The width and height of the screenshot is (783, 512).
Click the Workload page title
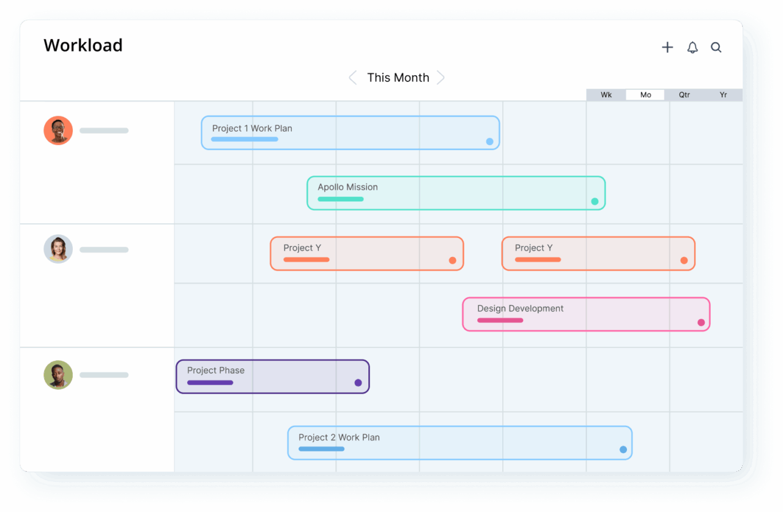coord(83,46)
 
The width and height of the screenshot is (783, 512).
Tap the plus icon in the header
coord(667,48)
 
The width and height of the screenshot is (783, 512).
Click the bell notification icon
coord(692,48)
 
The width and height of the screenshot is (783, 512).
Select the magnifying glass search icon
coord(716,48)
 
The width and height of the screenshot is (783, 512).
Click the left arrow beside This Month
coord(352,78)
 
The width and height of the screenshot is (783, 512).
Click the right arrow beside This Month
coord(440,78)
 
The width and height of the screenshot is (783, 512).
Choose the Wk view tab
coord(606,95)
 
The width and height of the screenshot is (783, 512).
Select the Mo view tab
coord(645,95)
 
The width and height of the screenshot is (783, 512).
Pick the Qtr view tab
coord(685,95)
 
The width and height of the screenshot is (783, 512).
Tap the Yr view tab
coord(723,95)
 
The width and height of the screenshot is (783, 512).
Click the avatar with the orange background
coord(58,130)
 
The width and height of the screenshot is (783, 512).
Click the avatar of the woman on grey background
coord(58,250)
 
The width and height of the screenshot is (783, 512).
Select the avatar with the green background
coord(58,375)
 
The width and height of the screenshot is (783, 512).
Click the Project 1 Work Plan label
coord(252,128)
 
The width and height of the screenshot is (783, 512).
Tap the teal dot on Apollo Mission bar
coord(595,201)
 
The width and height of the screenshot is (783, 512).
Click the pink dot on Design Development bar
coord(701,322)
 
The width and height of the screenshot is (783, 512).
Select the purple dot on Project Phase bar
coord(358,383)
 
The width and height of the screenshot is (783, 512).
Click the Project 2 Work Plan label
coord(339,437)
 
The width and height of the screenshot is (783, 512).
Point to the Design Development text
coord(520,308)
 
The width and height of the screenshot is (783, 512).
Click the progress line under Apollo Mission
coord(340,199)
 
